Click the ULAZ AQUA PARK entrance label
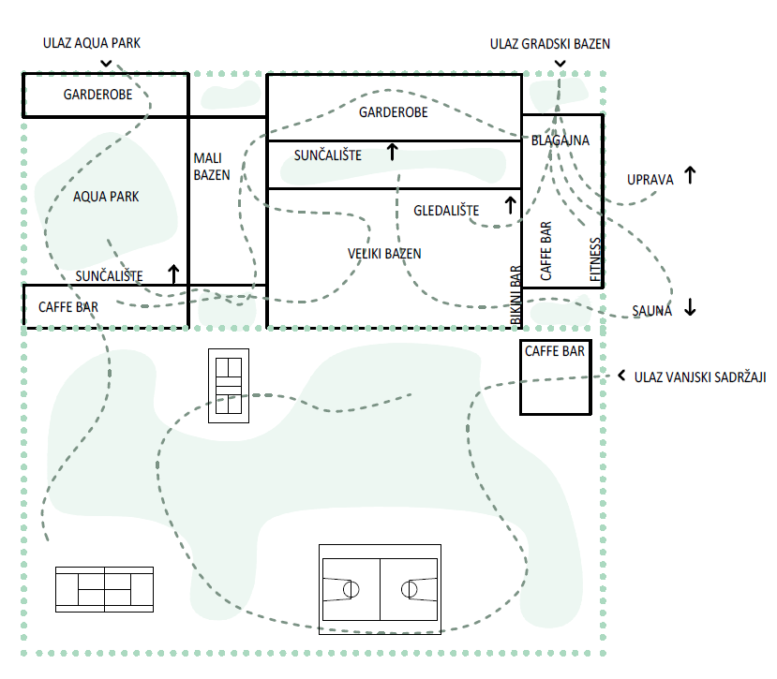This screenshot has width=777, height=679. coord(92,43)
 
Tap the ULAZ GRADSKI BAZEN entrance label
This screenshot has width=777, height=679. coord(550,44)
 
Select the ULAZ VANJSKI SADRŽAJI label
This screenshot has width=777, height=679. coord(700,377)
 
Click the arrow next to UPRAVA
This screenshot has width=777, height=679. coord(690,175)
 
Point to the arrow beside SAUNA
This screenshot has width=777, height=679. coord(690,307)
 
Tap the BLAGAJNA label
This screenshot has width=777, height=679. coord(560,140)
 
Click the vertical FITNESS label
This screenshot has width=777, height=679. coord(595,259)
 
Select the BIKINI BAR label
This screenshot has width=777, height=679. coord(516,295)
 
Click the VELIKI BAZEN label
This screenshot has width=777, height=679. coord(384,254)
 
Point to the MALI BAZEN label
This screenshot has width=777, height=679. coord(212,167)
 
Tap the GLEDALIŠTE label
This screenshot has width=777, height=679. coord(446,211)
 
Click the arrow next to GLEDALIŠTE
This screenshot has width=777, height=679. coord(510,205)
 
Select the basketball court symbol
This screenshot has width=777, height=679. coord(381,589)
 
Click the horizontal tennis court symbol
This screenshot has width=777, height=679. coord(105,589)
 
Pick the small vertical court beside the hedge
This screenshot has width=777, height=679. coord(229,386)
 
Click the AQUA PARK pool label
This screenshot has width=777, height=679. coord(106,197)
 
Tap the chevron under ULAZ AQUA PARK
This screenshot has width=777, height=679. coord(106,64)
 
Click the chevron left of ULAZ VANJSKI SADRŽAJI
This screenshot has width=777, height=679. coord(621,376)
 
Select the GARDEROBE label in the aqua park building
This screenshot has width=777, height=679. coord(97,95)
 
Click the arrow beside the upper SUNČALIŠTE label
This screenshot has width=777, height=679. coord(392,152)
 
